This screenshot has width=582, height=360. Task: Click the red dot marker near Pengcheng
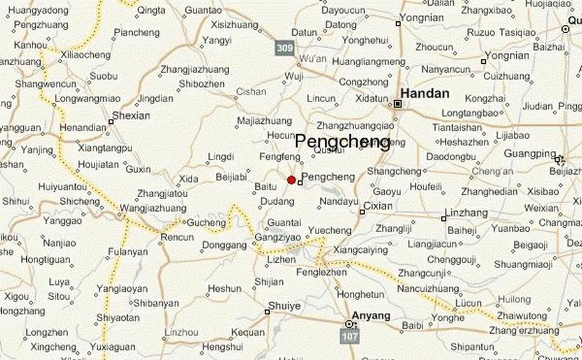pos(291,180)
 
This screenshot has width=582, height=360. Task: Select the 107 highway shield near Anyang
pos(350,336)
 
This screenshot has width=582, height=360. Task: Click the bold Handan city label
pos(424,93)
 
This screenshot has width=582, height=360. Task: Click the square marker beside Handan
pos(397,103)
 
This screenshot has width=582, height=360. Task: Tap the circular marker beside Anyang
pos(350,324)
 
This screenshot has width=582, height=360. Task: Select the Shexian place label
pos(132,115)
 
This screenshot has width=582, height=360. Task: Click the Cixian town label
pos(377,205)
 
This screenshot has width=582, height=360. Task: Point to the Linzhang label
pos(466,213)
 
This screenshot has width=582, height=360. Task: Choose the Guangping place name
pos(530,153)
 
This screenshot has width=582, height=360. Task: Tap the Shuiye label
pos(284,306)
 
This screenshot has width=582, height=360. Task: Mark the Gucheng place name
pos(206,223)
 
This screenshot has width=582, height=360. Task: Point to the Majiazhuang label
pos(264,120)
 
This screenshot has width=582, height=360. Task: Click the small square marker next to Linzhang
pos(443,219)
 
